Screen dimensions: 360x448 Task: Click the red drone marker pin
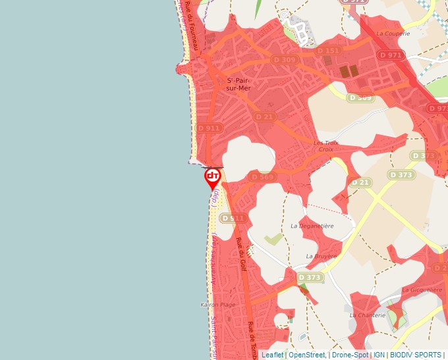click(x=213, y=177)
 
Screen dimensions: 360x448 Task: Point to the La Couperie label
click(x=393, y=33)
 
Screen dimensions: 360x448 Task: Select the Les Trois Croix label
click(x=325, y=145)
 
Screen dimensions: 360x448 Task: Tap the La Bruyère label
click(x=321, y=256)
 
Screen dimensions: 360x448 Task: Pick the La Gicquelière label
click(x=422, y=290)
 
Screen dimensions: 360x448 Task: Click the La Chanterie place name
click(x=367, y=315)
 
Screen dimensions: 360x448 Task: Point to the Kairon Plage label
click(x=217, y=305)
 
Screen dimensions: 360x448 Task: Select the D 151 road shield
click(x=327, y=51)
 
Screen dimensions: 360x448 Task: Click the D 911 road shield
click(x=210, y=128)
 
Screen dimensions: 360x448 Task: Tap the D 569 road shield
click(x=262, y=177)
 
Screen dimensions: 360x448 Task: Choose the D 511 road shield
click(x=233, y=218)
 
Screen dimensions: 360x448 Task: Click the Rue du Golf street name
click(x=241, y=255)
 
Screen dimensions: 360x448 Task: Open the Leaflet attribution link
click(x=272, y=355)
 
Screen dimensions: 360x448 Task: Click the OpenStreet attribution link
click(x=306, y=355)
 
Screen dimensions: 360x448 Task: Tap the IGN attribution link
click(x=379, y=355)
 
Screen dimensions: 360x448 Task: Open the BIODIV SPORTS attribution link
click(x=415, y=355)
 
